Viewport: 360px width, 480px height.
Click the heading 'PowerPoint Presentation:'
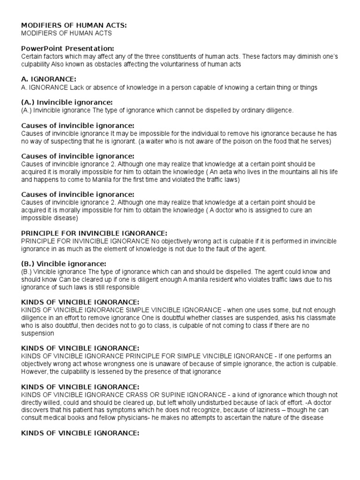click(x=67, y=48)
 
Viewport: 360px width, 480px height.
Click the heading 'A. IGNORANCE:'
click(x=48, y=79)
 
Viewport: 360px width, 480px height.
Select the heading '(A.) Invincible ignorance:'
click(x=67, y=102)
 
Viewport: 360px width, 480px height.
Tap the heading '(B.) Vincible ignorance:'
click(x=64, y=263)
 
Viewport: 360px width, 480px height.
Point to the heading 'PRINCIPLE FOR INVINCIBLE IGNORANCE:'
click(x=94, y=233)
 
